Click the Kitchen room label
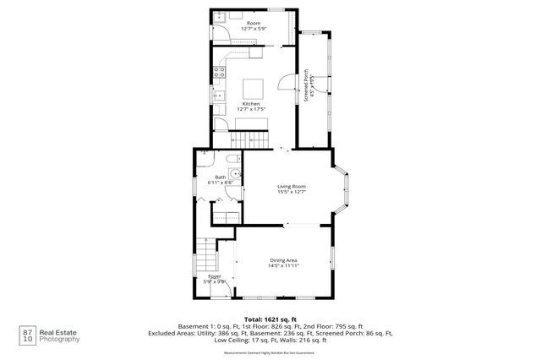pyautogui.click(x=256, y=104)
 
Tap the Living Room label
pyautogui.click(x=292, y=186)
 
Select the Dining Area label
pyautogui.click(x=284, y=259)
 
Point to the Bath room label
pyautogui.click(x=219, y=177)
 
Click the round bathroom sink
pyautogui.click(x=238, y=176)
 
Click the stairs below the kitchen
pyautogui.click(x=251, y=139)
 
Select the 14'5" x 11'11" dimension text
pyautogui.click(x=284, y=266)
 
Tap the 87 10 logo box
pyautogui.click(x=29, y=335)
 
